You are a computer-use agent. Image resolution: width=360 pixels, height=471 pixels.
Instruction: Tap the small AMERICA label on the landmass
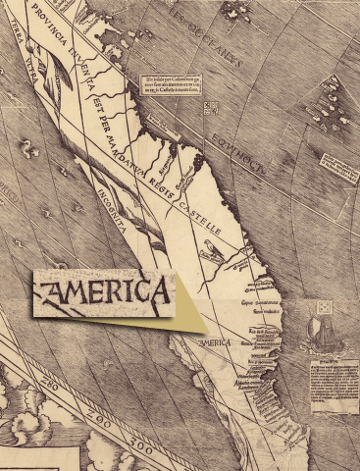[214, 342]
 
